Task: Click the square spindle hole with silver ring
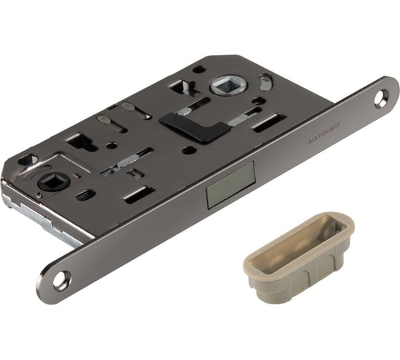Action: tap(227, 89)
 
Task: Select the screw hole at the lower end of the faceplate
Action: tap(61, 280)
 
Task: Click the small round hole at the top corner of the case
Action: tap(199, 69)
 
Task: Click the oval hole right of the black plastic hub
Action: tap(85, 194)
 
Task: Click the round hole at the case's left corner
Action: tap(25, 160)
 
